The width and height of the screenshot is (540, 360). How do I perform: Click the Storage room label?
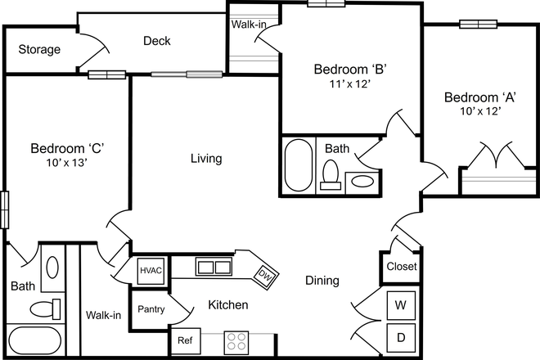point(39,49)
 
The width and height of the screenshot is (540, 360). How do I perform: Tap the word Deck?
point(156,41)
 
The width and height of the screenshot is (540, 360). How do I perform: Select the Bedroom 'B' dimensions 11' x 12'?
point(350,83)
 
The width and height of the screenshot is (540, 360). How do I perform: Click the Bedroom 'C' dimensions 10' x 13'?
point(65,163)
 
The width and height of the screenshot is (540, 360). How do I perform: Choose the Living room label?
point(206,159)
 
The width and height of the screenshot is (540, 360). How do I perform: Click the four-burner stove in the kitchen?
point(236,340)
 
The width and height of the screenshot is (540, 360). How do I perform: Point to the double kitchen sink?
point(214,267)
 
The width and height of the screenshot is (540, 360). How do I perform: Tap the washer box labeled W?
point(401,305)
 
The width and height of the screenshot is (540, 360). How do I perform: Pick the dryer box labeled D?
point(401,337)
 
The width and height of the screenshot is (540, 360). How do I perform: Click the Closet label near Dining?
point(401,267)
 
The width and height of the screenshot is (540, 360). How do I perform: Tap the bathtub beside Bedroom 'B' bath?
point(298,164)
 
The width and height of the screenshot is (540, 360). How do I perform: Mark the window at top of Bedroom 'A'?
point(479,24)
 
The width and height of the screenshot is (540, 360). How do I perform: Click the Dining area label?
point(322,281)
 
